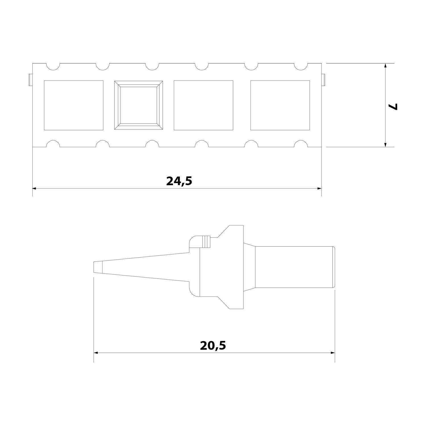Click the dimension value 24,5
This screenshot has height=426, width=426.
click(x=179, y=181)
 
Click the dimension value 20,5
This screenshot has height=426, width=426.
click(x=213, y=346)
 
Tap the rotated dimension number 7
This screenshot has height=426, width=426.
click(x=394, y=106)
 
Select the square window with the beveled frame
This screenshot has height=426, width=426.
click(x=138, y=105)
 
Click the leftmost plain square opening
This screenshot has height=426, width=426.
click(x=74, y=105)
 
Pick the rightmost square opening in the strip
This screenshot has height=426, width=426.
click(x=280, y=105)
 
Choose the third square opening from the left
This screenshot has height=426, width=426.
click(x=203, y=105)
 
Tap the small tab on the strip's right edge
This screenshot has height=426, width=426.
click(x=323, y=80)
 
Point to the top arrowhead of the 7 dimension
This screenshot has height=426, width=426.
click(x=385, y=66)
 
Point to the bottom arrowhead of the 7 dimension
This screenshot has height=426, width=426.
click(x=385, y=145)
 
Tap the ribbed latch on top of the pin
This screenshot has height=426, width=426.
click(x=207, y=241)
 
